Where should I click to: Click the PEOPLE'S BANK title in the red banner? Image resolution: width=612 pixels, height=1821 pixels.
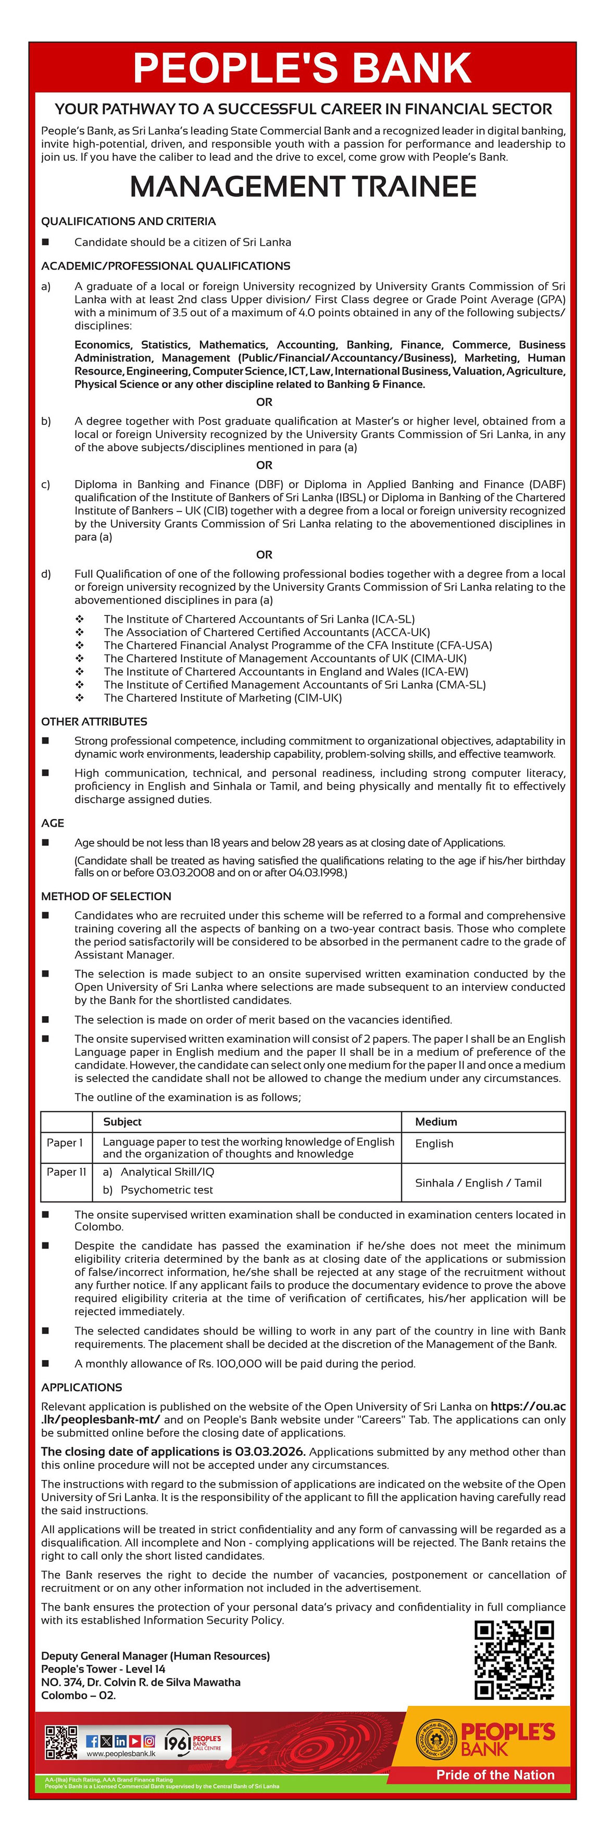302,67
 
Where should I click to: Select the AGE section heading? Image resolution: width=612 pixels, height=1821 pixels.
53,823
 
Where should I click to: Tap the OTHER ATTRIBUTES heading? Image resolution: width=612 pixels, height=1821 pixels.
94,721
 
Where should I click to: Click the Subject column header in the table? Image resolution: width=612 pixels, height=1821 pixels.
122,1121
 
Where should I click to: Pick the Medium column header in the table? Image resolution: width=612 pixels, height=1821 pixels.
436,1121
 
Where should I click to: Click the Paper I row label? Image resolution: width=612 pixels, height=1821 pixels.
65,1143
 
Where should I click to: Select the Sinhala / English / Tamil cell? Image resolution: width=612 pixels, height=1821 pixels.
478,1183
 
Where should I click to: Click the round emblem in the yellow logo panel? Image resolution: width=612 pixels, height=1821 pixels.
436,1739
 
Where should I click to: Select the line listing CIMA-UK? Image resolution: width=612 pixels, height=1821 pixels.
285,658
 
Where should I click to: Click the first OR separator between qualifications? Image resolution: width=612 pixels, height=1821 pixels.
264,402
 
